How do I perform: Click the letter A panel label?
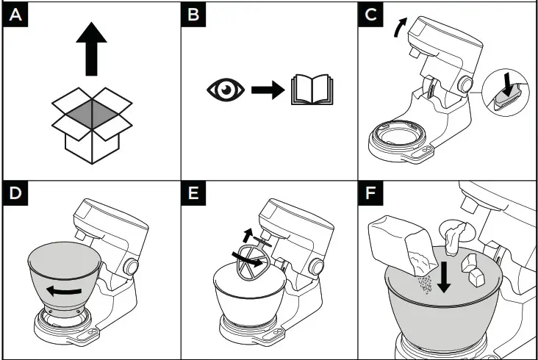click(15, 15)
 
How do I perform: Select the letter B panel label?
click(193, 15)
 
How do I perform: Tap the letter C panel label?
click(371, 15)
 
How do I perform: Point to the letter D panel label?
click(15, 193)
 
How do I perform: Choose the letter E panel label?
click(193, 193)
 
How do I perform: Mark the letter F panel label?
click(371, 193)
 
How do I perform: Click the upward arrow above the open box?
click(91, 48)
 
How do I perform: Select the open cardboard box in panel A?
click(92, 126)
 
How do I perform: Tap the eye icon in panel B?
click(226, 90)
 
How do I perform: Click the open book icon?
click(312, 90)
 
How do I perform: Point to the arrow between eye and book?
click(268, 90)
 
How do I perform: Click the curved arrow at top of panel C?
click(399, 27)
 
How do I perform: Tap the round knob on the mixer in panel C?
click(465, 84)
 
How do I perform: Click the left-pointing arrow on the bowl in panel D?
click(64, 292)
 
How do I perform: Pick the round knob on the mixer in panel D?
click(131, 267)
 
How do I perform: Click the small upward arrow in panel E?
click(248, 235)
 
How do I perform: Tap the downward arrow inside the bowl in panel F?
click(445, 278)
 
